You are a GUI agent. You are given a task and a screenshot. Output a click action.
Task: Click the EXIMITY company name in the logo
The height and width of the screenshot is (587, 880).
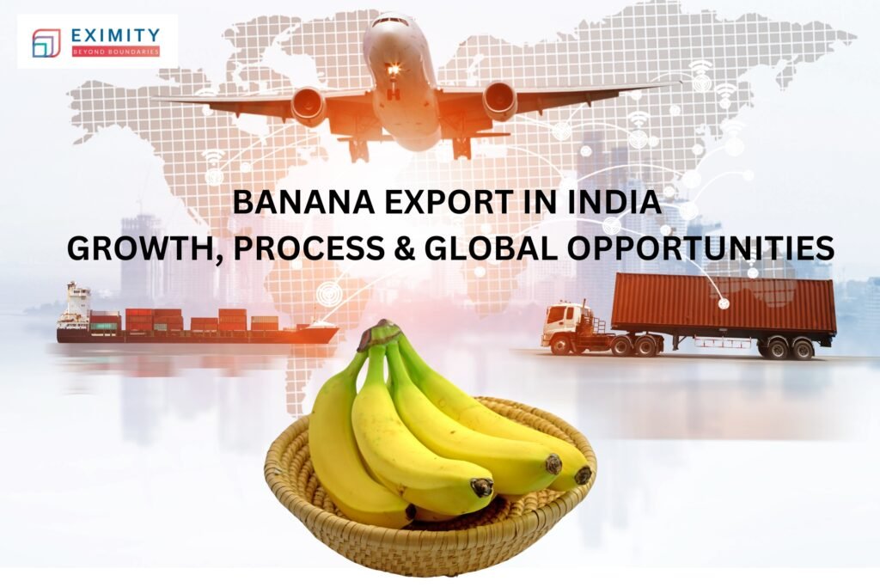click(117, 34)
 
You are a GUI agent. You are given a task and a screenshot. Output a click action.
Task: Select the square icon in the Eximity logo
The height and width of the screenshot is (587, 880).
click(46, 43)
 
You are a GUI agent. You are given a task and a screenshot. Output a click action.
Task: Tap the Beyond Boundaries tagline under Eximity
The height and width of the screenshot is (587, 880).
click(116, 52)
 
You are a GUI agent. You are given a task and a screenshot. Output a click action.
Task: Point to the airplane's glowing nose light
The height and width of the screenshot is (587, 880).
click(394, 69)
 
